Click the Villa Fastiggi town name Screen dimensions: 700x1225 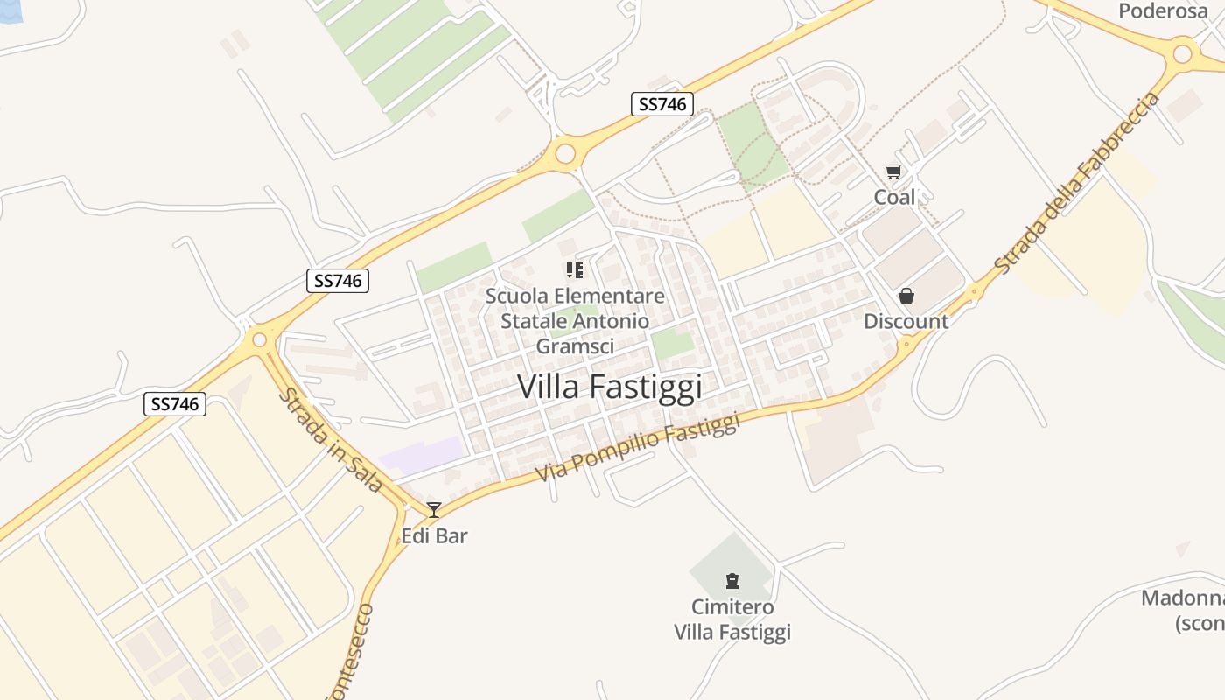point(610,386)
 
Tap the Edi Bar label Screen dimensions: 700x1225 point(434,535)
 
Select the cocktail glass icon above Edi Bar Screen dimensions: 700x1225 point(433,509)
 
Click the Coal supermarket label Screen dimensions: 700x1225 point(894,197)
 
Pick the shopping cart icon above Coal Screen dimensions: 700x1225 point(893,172)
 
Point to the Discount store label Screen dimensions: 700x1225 point(906,321)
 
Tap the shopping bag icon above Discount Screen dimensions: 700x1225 point(906,297)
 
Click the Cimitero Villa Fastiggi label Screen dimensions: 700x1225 point(732,619)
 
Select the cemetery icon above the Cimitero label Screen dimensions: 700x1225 point(731,580)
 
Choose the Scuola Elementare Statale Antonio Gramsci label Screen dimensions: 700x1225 point(575,321)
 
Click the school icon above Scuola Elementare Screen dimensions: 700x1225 point(574,270)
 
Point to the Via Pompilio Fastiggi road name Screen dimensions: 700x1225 point(638,449)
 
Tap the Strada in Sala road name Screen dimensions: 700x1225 point(331,441)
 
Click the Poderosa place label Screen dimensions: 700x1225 point(1162,10)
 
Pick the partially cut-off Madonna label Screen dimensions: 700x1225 point(1182,610)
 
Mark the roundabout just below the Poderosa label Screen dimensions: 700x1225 point(1182,54)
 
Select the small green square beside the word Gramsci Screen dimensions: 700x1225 point(673,343)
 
